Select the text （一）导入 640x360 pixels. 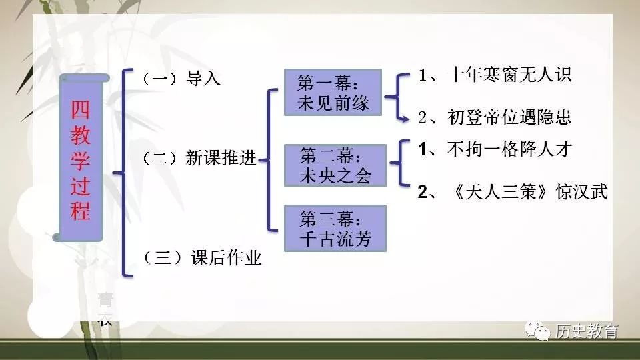[181, 79]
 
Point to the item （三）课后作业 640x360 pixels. [202, 257]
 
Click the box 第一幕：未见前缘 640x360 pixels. [333, 93]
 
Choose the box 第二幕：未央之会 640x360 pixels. [335, 165]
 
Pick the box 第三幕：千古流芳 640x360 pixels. [335, 228]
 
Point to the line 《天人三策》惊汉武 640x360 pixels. [512, 192]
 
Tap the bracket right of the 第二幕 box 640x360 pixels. [399, 162]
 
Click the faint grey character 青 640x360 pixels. [105, 298]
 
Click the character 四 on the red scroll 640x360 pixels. [81, 109]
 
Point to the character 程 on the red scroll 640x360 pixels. [81, 211]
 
